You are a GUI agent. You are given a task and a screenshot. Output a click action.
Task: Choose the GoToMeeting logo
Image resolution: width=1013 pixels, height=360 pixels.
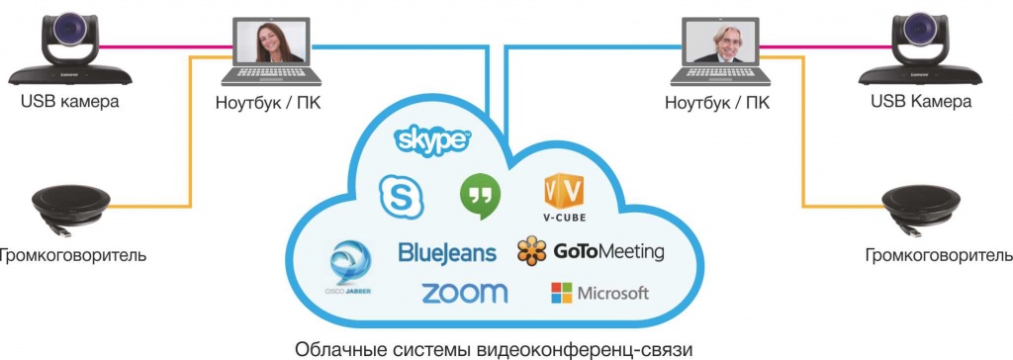click(590, 251)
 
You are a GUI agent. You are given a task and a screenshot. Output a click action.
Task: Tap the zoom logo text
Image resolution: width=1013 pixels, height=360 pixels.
click(464, 293)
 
